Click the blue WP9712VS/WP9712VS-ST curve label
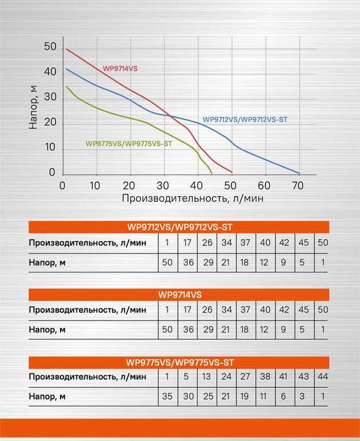click(x=246, y=119)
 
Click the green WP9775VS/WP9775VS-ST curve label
click(x=129, y=143)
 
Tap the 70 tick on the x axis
click(x=298, y=185)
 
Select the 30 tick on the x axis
click(x=163, y=185)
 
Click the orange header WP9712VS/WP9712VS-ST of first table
click(x=180, y=227)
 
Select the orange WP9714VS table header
click(x=180, y=294)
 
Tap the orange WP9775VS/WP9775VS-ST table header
click(x=180, y=362)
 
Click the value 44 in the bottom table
click(x=323, y=377)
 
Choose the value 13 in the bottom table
click(x=207, y=377)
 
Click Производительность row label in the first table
click(x=86, y=242)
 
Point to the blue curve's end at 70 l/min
click(x=299, y=173)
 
